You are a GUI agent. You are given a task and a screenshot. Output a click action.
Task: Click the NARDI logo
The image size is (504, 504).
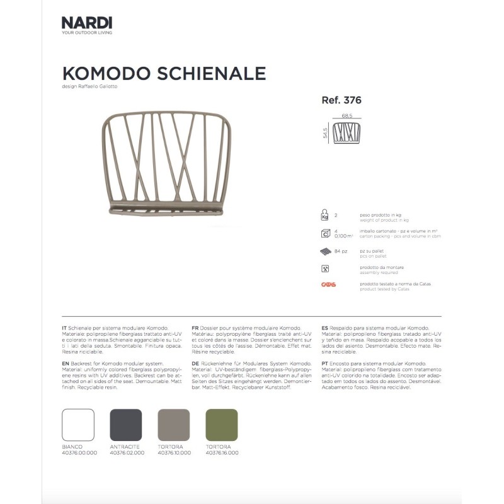click(x=87, y=23)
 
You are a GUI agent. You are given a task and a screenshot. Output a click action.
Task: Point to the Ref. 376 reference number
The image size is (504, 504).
click(x=341, y=100)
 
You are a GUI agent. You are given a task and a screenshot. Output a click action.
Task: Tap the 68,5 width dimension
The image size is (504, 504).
click(x=346, y=116)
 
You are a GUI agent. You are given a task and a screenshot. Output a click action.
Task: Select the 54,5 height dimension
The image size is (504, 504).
click(x=326, y=134)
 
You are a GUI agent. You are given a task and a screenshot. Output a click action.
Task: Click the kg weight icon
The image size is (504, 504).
click(x=325, y=214)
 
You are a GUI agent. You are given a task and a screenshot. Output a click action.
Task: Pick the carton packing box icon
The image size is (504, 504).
click(x=325, y=234)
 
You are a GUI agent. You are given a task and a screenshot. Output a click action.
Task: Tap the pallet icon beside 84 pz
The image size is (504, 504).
click(x=325, y=251)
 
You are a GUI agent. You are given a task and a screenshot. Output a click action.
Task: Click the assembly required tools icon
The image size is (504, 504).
click(x=325, y=268)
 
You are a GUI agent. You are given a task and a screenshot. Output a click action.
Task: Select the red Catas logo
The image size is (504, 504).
click(x=328, y=285)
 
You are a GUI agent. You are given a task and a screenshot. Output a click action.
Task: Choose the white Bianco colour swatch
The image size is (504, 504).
click(x=78, y=425)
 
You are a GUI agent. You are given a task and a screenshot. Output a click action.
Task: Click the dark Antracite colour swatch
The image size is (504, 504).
click(x=126, y=425)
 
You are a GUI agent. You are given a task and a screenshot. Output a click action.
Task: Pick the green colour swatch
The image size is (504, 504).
click(x=222, y=425)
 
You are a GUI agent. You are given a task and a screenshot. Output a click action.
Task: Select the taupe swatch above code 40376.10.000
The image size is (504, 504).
click(x=174, y=425)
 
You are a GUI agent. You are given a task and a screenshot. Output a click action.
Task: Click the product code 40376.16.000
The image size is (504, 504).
click(x=222, y=453)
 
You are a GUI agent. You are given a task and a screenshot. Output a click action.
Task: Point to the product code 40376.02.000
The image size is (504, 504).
click(x=126, y=453)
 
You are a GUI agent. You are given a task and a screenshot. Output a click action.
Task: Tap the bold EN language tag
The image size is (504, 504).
click(x=66, y=364)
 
